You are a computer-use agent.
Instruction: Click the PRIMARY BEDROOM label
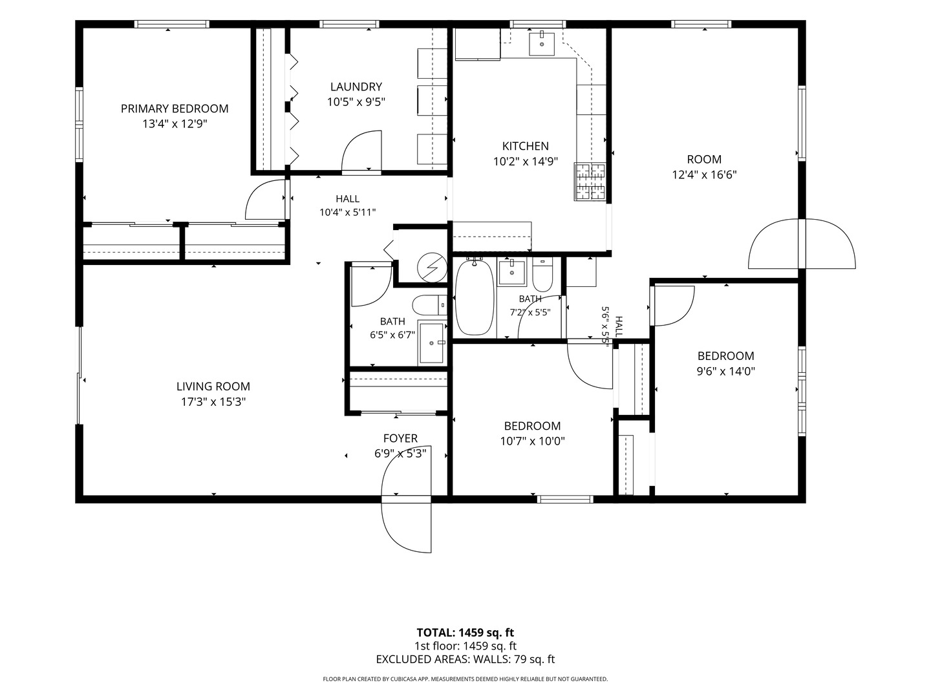coord(175,109)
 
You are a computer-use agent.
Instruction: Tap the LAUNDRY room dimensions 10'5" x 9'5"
coord(356,102)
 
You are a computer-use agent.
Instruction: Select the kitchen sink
coord(542,44)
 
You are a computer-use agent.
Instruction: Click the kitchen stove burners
coord(590,182)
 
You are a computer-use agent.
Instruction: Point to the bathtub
coord(474,297)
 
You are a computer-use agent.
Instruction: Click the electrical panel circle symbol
coord(432,268)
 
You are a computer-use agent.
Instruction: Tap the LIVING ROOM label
coord(213,386)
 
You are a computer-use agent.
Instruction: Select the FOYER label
coord(400,438)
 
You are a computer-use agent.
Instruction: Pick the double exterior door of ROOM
coord(802,244)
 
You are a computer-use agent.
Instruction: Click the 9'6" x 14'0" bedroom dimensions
coord(726,372)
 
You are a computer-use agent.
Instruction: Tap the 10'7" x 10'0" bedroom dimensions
coord(532,441)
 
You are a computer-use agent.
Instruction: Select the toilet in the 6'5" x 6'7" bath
coord(429,304)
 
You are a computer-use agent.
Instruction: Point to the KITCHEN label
coord(526,146)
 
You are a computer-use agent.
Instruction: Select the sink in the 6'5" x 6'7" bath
coord(432,343)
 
